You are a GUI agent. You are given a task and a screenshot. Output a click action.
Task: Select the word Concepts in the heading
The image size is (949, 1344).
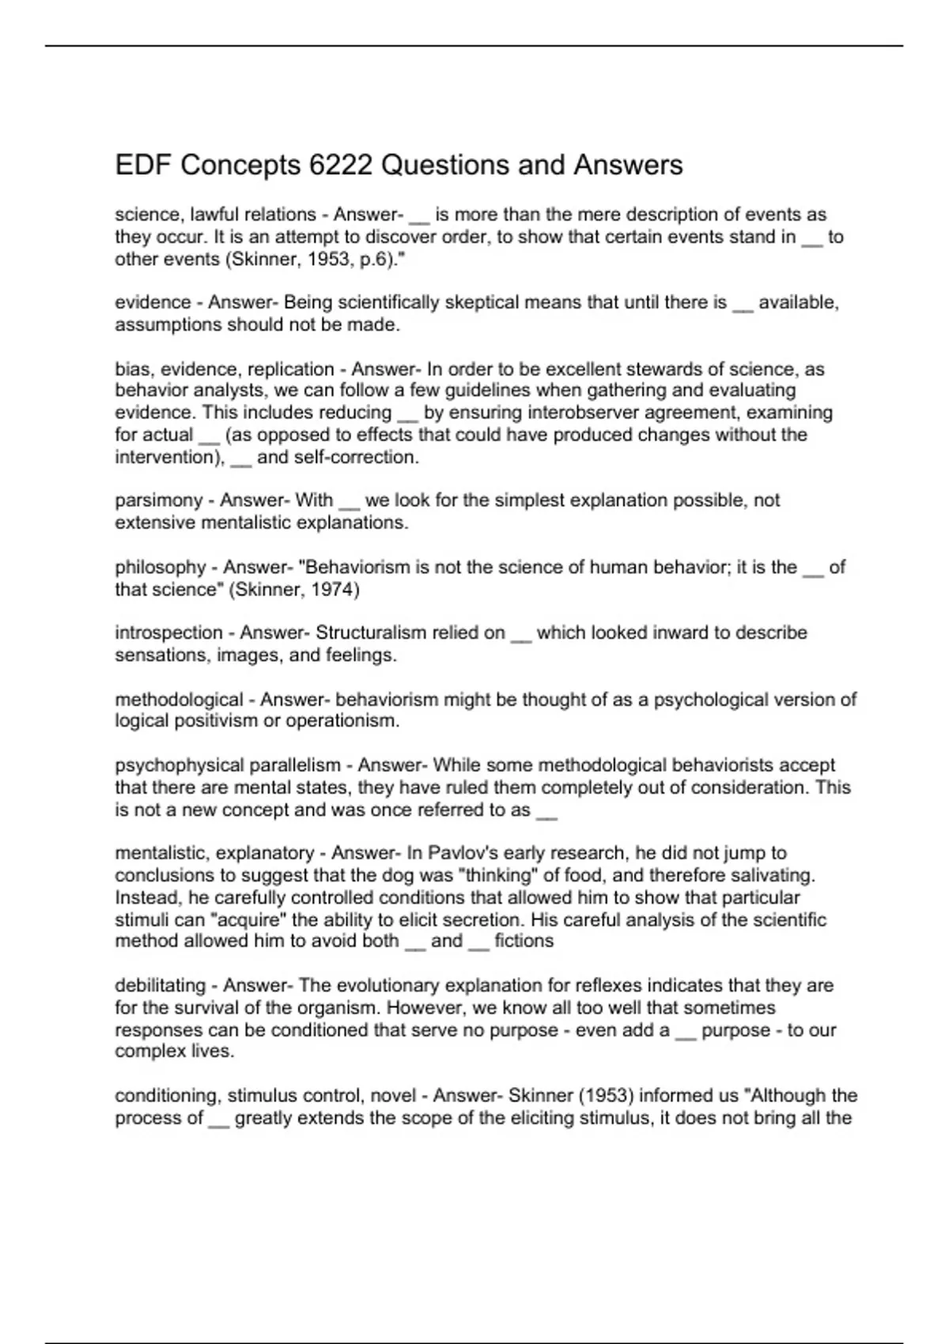pos(240,165)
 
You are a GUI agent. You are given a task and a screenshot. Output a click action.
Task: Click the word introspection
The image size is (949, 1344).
pos(168,632)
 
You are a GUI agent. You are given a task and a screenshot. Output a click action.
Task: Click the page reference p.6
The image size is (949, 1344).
pos(372,259)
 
